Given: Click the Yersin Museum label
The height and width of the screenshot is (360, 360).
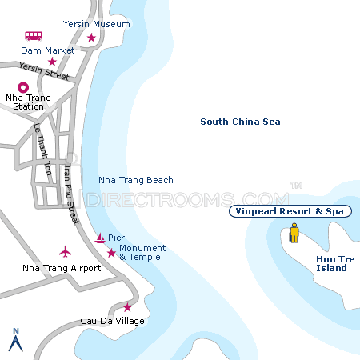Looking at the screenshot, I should tap(96, 24).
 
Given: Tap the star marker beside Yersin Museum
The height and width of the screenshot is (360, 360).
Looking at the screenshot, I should tap(91, 38).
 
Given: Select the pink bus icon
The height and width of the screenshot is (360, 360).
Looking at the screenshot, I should tap(34, 36).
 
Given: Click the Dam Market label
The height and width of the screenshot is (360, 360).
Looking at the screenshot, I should tap(49, 50).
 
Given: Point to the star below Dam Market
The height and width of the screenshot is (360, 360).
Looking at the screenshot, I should tap(52, 62).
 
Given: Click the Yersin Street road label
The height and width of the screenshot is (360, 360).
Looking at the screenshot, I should tap(44, 72).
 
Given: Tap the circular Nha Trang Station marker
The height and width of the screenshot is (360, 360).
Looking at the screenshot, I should tap(22, 88).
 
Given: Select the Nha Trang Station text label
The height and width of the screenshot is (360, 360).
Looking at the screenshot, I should tap(28, 102).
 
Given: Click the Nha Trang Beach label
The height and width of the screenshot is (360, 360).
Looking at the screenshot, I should tap(135, 180).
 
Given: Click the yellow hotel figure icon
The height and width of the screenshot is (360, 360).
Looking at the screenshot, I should tap(294, 234).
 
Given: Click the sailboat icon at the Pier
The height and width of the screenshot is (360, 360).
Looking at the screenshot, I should tap(99, 238).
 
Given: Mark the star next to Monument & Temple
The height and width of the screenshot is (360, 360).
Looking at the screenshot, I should tap(111, 253).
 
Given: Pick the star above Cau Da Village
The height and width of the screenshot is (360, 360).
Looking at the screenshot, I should tap(127, 307).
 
